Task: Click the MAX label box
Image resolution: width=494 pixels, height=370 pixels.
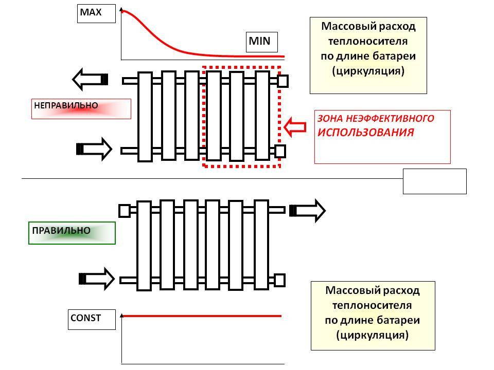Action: pyautogui.click(x=96, y=13)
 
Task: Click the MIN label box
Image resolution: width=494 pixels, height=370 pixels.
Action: pyautogui.click(x=262, y=42)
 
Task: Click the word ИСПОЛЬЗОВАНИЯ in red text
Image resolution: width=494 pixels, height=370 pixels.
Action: pyautogui.click(x=365, y=133)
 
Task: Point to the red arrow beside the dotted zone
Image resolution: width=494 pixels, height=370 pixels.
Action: pyautogui.click(x=295, y=127)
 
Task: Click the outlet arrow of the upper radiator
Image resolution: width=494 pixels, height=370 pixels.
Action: pyautogui.click(x=90, y=79)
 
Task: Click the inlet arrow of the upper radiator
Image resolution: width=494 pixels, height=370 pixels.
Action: pyautogui.click(x=94, y=149)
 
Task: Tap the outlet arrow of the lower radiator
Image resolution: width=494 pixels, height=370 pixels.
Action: pyautogui.click(x=308, y=211)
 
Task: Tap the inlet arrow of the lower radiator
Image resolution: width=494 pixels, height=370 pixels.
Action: pyautogui.click(x=96, y=279)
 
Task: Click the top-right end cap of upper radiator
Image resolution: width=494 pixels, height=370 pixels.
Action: pyautogui.click(x=283, y=81)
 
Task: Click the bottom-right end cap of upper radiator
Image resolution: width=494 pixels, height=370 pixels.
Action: pyautogui.click(x=280, y=151)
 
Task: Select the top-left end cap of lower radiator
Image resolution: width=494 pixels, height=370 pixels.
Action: pyautogui.click(x=125, y=211)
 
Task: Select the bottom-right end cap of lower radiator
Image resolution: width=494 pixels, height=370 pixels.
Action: pyautogui.click(x=279, y=280)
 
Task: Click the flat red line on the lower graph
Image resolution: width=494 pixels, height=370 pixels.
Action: pyautogui.click(x=202, y=316)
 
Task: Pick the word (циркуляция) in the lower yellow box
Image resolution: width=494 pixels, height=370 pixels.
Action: pyautogui.click(x=373, y=335)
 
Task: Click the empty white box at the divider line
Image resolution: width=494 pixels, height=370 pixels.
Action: pyautogui.click(x=434, y=181)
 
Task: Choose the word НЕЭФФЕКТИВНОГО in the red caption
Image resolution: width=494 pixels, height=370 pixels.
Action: pyautogui.click(x=390, y=119)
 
